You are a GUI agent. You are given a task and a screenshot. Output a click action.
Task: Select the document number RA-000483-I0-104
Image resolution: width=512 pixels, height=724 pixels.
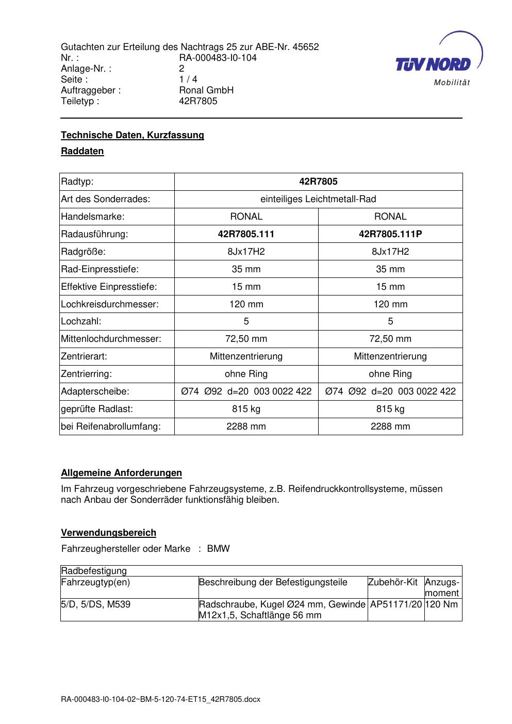(218, 58)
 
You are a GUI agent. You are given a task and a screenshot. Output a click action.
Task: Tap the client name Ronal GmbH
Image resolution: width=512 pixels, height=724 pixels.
(206, 90)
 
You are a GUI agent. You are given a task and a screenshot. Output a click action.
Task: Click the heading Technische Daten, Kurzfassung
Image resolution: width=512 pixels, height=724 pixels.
(133, 135)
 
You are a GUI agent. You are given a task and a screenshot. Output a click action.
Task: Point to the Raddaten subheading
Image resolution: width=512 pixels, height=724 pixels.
(82, 152)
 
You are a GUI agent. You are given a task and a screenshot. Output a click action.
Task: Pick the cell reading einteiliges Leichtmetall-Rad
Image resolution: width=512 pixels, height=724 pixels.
(318, 199)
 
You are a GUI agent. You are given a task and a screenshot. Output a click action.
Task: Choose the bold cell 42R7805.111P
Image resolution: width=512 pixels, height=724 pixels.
(390, 234)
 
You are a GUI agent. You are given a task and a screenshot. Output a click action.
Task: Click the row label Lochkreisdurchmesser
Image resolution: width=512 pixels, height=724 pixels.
(110, 304)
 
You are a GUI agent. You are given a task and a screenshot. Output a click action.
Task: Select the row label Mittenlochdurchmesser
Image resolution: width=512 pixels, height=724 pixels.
(111, 339)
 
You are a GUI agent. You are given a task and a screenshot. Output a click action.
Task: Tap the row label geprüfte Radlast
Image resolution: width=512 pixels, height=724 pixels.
(97, 409)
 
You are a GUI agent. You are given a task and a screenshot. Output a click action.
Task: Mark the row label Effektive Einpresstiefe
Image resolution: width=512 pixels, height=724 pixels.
(109, 287)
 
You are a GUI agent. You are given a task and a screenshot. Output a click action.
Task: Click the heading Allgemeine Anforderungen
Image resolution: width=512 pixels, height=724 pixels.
(122, 473)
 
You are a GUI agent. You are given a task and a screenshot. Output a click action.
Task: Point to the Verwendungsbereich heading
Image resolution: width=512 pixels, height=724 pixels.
(109, 533)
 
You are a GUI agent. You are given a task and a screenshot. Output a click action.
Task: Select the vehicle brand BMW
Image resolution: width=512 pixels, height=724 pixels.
(219, 549)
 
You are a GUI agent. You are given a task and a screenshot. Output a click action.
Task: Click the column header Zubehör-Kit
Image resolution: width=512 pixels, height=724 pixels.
(393, 582)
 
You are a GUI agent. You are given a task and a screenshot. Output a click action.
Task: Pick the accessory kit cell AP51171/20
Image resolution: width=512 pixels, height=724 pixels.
(396, 604)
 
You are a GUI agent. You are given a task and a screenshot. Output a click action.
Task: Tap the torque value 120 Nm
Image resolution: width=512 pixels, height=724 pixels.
(442, 604)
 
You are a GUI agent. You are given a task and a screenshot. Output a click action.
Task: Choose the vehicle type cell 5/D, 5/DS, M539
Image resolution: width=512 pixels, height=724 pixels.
(96, 604)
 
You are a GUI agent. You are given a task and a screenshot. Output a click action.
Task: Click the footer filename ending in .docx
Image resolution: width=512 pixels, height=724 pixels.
(161, 699)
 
